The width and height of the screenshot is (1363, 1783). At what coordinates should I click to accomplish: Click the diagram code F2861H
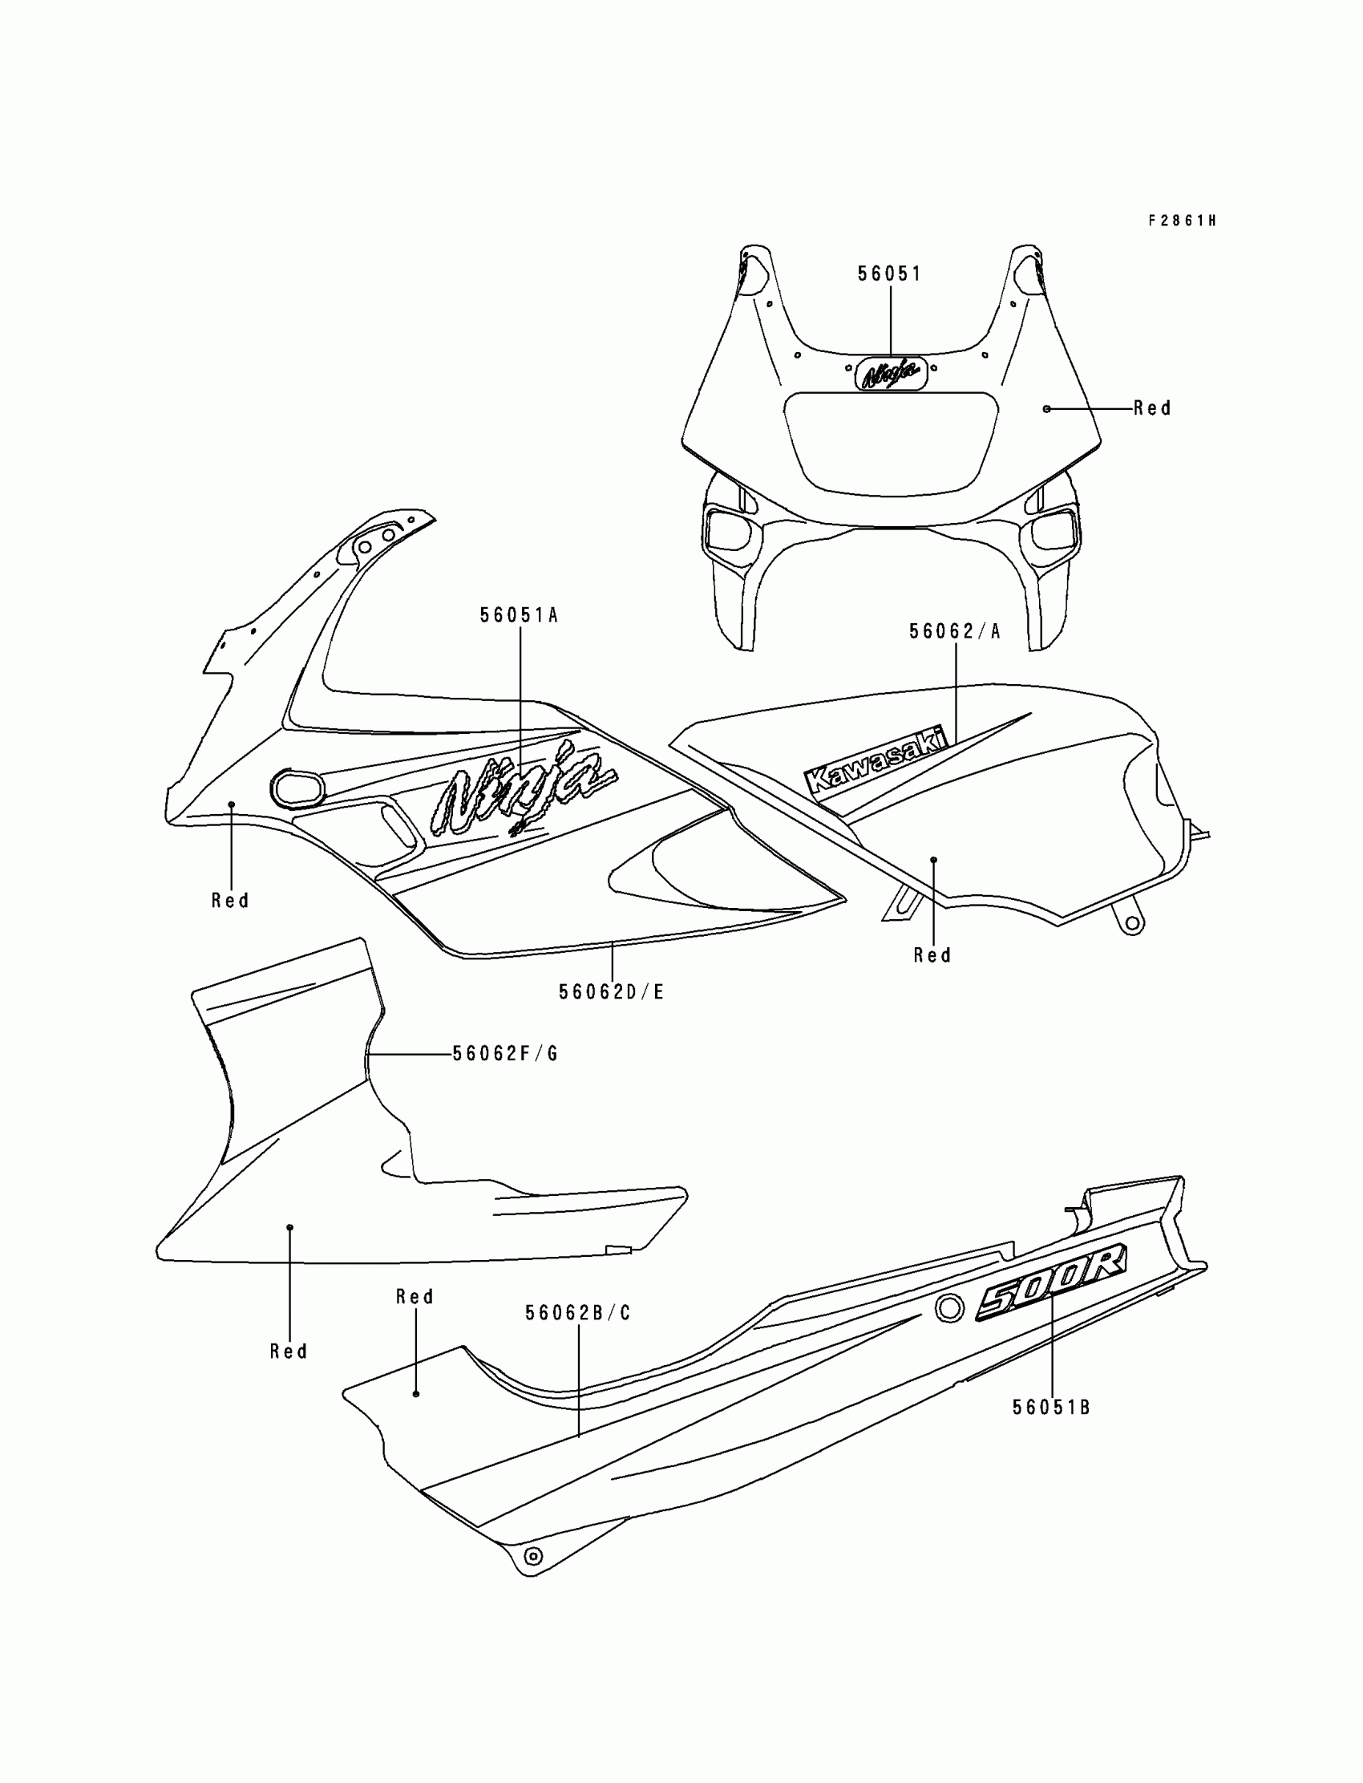point(1181,221)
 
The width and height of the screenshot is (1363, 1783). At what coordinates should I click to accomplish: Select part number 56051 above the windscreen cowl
point(889,274)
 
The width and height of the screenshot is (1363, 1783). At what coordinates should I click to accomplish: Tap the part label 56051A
point(520,615)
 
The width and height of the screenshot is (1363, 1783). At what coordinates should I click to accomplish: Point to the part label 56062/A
point(955,631)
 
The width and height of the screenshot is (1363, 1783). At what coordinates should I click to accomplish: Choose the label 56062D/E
point(612,991)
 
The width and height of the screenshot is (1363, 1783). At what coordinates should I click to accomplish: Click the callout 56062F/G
point(505,1054)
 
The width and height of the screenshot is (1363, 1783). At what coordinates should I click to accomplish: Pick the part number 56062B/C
point(577,1313)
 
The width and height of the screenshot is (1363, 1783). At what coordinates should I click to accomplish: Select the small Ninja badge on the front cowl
point(891,373)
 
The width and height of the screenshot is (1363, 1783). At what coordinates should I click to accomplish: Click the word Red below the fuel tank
point(932,956)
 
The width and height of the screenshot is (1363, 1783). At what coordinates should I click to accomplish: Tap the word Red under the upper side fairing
point(230,901)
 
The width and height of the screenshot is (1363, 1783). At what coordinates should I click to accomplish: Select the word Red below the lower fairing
point(289,1352)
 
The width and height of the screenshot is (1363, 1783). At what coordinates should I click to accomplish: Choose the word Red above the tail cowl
point(415,1297)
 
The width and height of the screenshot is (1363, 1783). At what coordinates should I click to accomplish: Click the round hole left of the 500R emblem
point(949,1308)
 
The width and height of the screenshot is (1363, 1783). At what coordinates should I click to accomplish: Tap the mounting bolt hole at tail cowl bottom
point(533,1556)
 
